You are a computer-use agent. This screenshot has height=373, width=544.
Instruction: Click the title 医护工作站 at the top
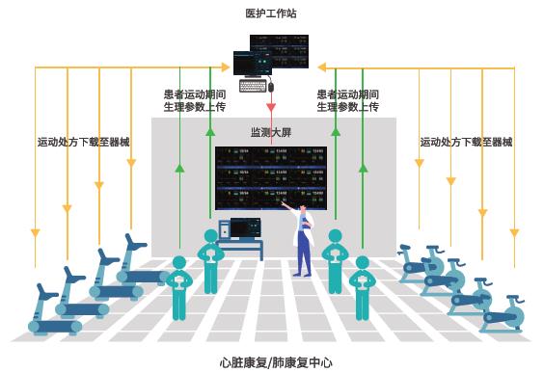271,13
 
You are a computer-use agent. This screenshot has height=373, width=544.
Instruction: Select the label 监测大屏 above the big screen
271,133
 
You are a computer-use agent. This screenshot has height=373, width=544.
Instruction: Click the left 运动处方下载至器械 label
83,143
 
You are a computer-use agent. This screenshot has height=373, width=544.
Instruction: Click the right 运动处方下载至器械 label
466,143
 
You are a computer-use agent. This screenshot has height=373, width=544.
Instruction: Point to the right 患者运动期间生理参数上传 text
347,101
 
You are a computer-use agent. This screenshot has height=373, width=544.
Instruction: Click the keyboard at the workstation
253,86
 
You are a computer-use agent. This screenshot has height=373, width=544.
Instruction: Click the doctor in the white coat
304,241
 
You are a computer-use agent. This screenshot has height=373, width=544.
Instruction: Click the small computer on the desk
245,228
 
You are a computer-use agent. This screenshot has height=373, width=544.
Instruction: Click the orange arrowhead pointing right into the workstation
229,67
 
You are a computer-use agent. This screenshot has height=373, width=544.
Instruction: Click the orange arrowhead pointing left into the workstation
320,67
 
